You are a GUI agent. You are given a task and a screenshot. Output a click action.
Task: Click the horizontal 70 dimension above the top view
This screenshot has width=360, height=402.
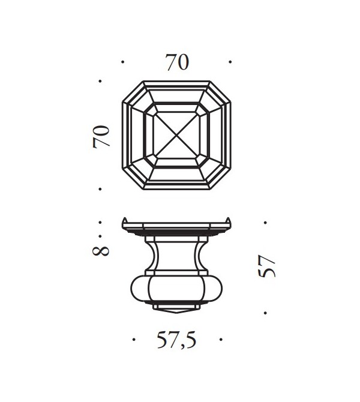coord(177,62)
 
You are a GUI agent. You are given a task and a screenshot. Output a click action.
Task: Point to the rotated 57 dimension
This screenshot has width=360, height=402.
coord(268,266)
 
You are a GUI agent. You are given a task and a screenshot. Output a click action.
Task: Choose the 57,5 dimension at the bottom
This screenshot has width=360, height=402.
coord(177,341)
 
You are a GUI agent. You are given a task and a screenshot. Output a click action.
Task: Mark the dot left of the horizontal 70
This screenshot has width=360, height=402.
coord(122,61)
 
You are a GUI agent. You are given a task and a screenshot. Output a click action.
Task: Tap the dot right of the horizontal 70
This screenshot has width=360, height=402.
coord(231,61)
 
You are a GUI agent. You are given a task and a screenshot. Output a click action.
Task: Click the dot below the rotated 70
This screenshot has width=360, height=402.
coord(101,190)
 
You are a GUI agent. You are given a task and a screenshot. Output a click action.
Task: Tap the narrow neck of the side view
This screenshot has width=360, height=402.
coord(177,255)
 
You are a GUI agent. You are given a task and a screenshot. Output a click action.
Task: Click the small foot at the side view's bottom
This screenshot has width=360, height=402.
coord(177,309)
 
